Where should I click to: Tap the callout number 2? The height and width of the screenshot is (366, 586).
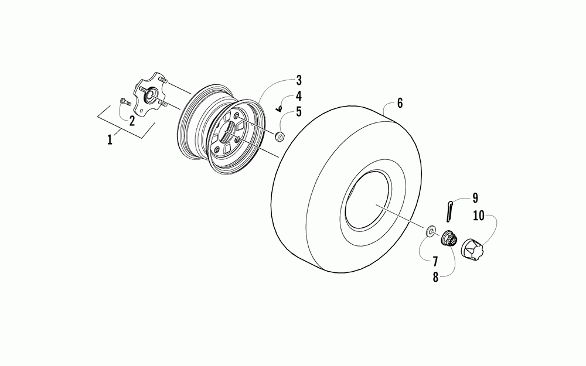tap(132, 121)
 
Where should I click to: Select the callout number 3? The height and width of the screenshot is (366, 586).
tap(298, 80)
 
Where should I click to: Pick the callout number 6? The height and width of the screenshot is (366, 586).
tap(400, 104)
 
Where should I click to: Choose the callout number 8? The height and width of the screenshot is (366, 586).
tap(435, 278)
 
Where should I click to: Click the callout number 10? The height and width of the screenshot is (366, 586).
tap(479, 216)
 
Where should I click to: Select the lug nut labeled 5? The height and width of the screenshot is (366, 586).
tap(280, 138)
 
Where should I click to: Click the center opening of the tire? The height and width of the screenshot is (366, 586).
tap(372, 206)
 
